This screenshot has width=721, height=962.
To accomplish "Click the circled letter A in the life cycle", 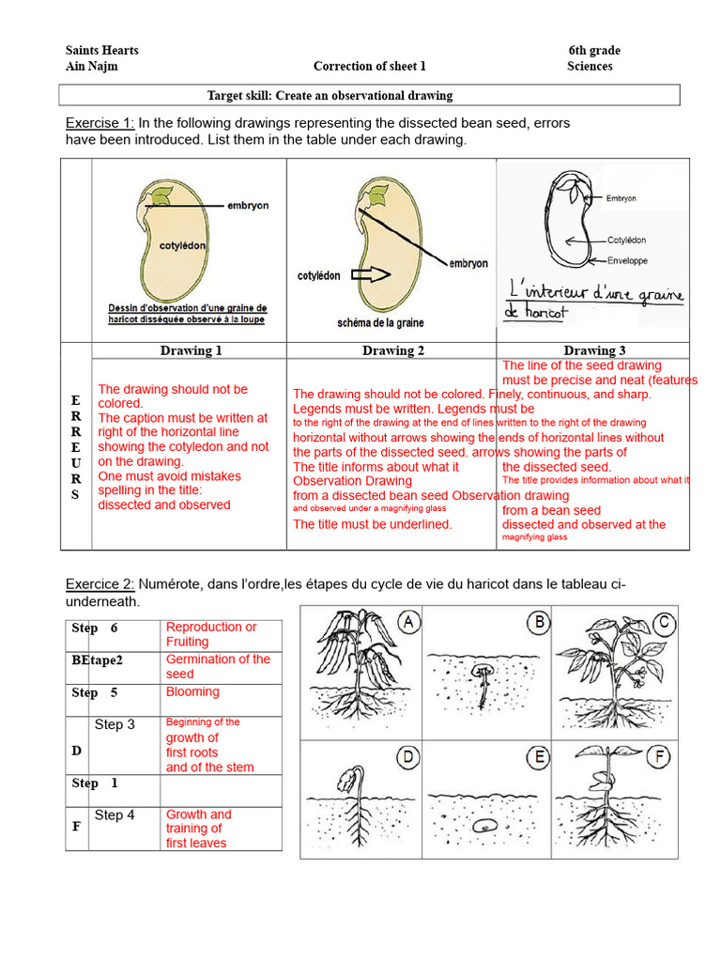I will [x=408, y=622].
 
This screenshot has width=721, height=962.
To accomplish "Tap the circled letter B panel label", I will [x=540, y=622].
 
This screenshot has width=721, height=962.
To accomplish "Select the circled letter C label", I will [x=665, y=622].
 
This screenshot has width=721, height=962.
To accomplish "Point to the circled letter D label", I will [x=408, y=756].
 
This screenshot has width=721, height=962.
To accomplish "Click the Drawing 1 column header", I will [x=191, y=350].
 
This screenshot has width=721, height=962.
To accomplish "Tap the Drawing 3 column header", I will [x=594, y=350].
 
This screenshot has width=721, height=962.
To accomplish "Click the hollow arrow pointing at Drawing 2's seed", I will [x=372, y=275].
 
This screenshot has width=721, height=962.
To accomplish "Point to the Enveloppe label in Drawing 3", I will [x=627, y=260].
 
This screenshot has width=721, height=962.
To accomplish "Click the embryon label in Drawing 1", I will [x=248, y=205].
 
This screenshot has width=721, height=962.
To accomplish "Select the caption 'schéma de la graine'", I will [x=381, y=323].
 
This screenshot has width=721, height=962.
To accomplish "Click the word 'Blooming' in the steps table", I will [x=192, y=691].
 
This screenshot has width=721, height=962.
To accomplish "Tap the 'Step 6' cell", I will [x=96, y=628].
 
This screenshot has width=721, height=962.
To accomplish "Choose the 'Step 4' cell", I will [x=115, y=815].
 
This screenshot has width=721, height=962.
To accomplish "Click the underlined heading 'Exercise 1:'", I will [x=100, y=123].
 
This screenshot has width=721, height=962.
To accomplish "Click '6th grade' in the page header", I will [x=593, y=51].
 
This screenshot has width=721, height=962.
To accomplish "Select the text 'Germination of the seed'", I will [x=218, y=666].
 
